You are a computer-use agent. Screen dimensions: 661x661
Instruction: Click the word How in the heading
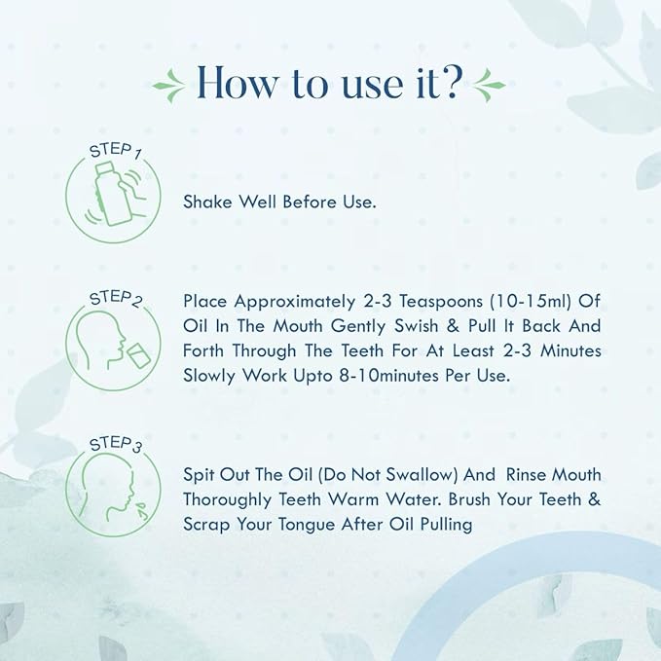click(238, 82)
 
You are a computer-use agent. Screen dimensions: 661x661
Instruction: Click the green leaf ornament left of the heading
click(168, 85)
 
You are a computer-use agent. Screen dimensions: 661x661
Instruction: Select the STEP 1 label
click(116, 151)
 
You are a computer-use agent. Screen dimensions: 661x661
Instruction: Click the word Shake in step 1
click(207, 202)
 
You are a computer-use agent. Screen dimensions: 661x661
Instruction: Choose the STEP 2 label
click(116, 299)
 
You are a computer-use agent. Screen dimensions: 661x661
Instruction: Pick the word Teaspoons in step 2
click(441, 302)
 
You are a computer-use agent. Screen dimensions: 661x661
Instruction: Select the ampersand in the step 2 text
click(453, 326)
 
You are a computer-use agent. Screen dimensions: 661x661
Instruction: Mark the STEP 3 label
click(116, 445)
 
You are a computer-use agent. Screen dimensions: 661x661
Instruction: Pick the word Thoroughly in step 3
click(227, 500)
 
